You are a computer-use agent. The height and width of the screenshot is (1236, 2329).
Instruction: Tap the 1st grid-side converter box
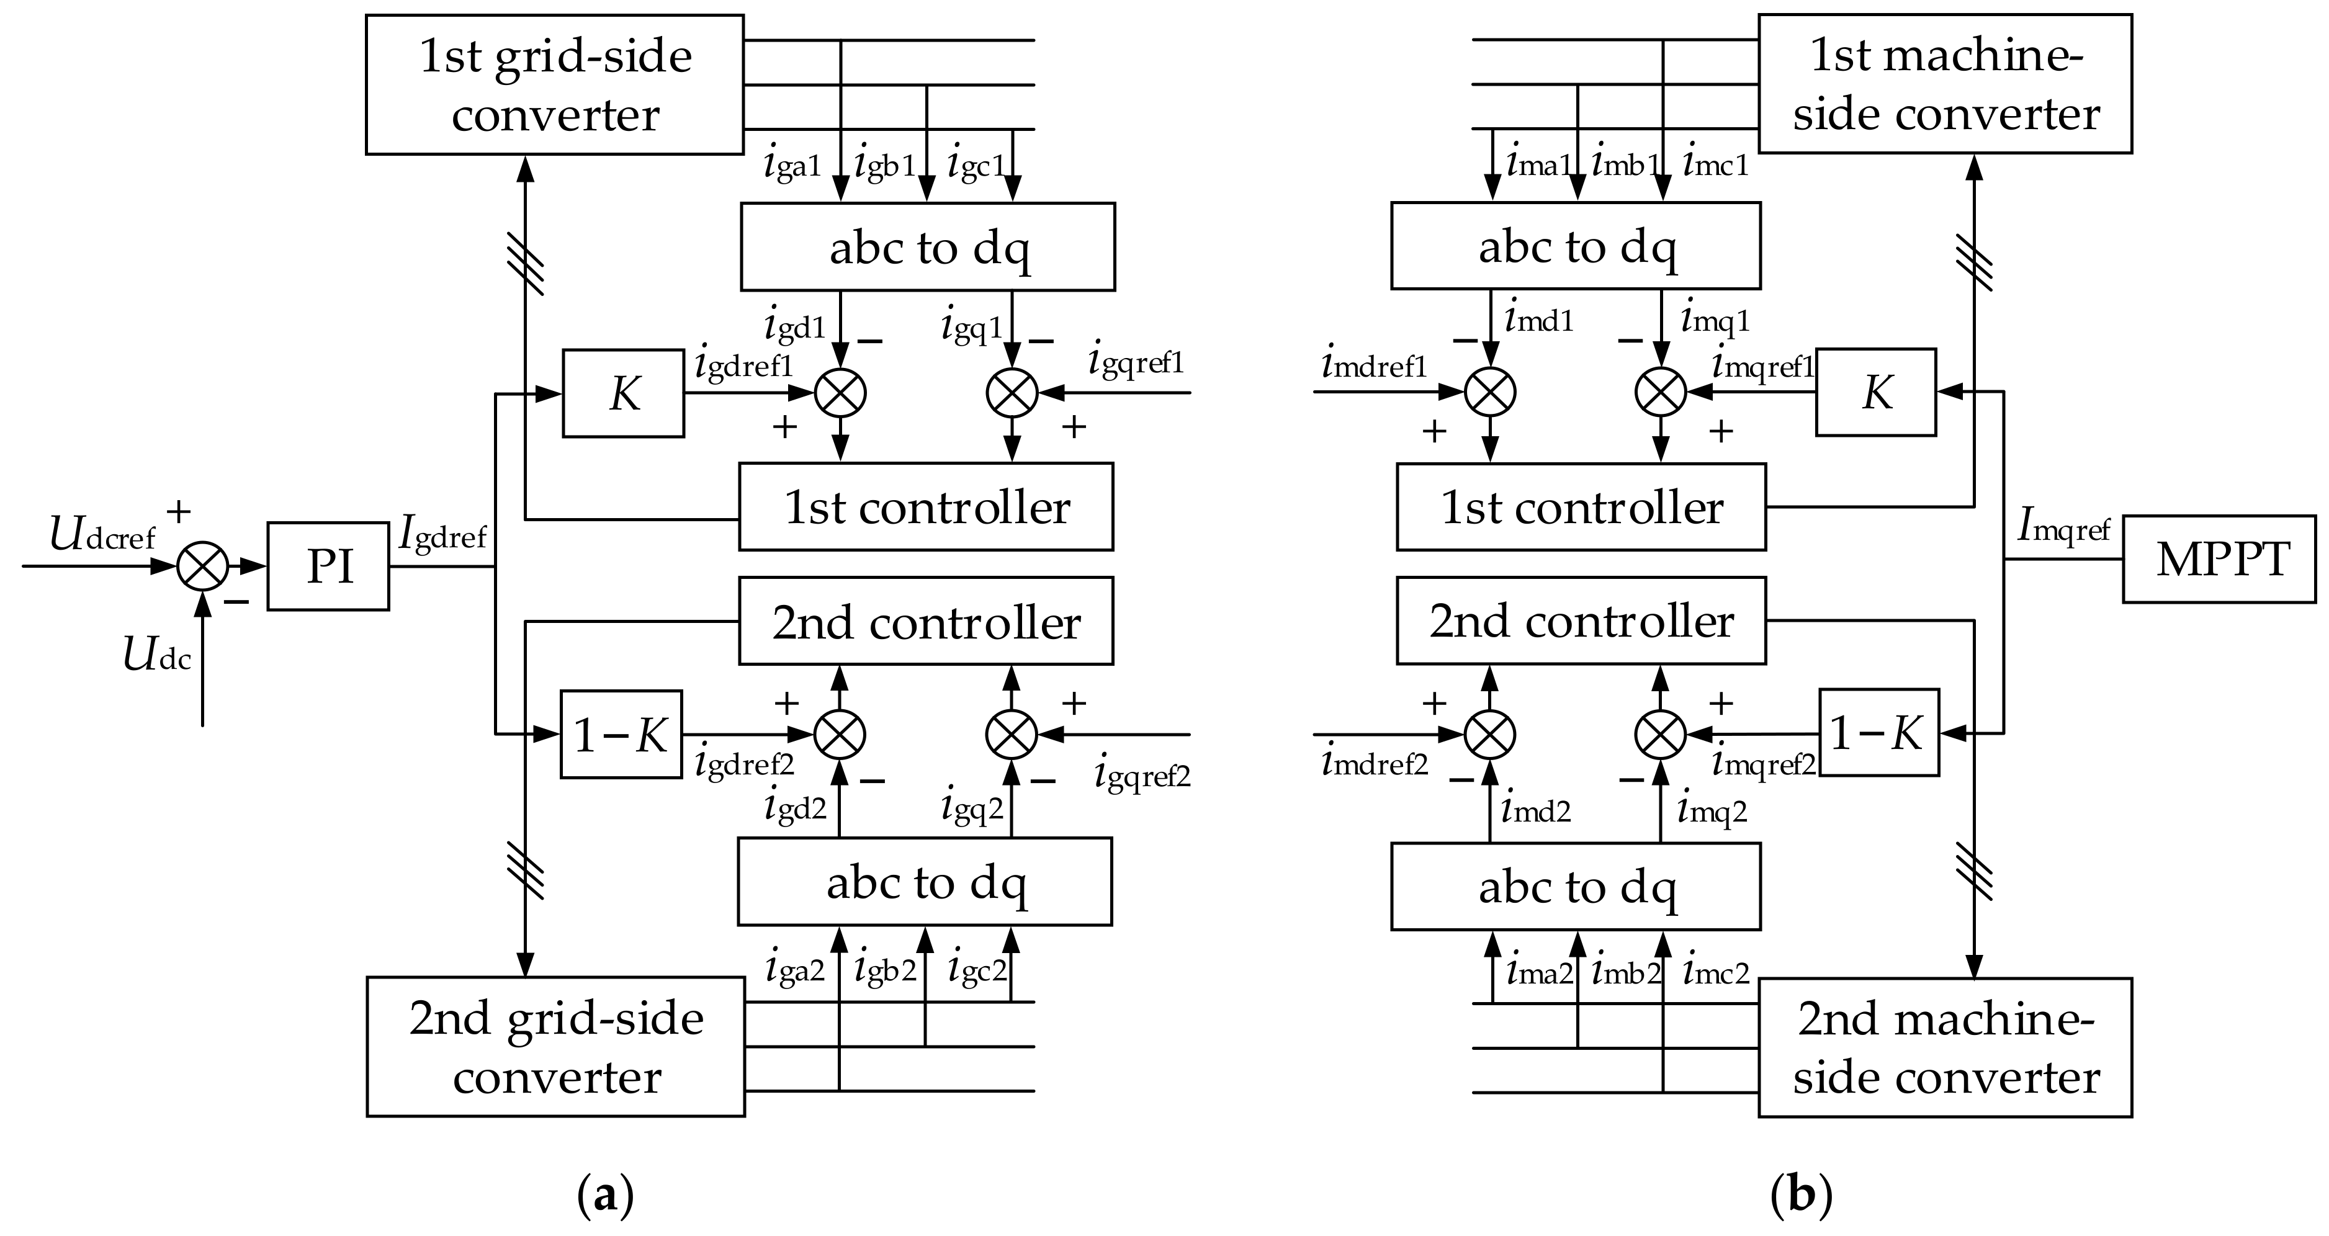point(554,84)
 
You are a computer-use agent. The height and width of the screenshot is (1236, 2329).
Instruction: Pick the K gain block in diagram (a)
point(623,393)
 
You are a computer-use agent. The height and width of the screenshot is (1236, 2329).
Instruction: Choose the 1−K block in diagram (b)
point(1878,733)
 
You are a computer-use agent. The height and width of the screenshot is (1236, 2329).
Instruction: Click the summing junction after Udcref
point(202,566)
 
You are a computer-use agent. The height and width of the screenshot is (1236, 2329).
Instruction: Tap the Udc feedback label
point(156,655)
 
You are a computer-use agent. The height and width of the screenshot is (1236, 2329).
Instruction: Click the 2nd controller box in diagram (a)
point(926,621)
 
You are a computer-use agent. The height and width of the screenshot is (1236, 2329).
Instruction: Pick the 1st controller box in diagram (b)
point(1581,506)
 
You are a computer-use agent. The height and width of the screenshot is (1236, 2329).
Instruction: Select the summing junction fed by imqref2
point(1661,733)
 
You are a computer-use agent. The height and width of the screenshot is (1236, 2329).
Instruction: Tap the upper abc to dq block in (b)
point(1575,246)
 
